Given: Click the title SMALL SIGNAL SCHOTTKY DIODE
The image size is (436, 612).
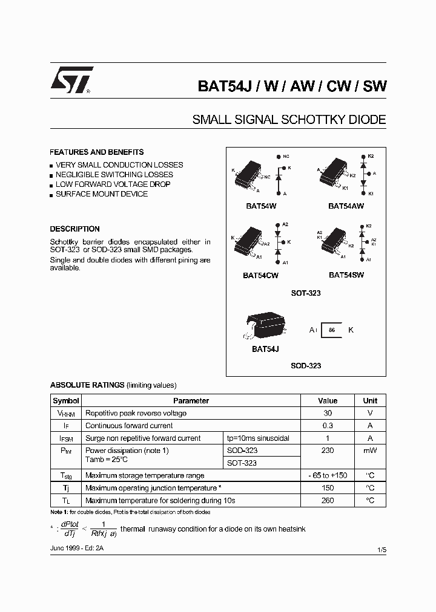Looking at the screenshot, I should [289, 120].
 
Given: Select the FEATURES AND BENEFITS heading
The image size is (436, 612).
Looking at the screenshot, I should [97, 152].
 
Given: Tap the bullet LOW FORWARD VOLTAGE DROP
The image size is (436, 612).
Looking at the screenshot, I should [113, 184].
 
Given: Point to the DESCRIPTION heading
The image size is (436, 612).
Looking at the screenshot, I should [74, 229].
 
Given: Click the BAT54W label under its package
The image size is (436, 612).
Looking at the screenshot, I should [261, 206].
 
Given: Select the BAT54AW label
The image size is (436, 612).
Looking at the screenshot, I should [346, 206].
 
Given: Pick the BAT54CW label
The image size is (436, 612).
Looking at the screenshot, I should [261, 275].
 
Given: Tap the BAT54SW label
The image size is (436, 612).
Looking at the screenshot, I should [346, 275].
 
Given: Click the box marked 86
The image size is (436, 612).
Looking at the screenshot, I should [331, 330].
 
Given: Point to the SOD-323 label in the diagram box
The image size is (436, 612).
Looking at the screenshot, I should [306, 366].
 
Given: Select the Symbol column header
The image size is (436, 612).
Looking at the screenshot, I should [66, 401].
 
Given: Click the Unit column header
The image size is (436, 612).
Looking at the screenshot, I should [370, 401].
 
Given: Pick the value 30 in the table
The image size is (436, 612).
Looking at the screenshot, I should [328, 414].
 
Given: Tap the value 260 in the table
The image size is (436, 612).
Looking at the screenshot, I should [328, 501].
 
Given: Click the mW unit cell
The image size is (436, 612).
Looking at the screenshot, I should [370, 451].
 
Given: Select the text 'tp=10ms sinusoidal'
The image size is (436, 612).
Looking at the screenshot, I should [258, 438].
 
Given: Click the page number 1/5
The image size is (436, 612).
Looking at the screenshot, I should [380, 548].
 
